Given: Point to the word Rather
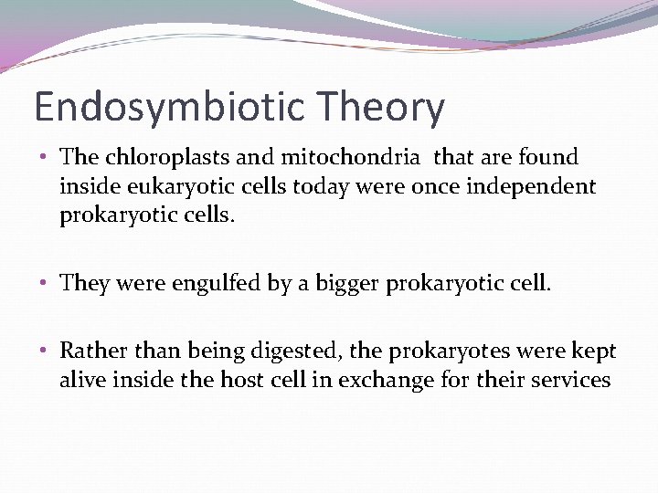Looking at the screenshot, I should tap(90, 351).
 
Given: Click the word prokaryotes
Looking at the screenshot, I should tap(438, 351).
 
